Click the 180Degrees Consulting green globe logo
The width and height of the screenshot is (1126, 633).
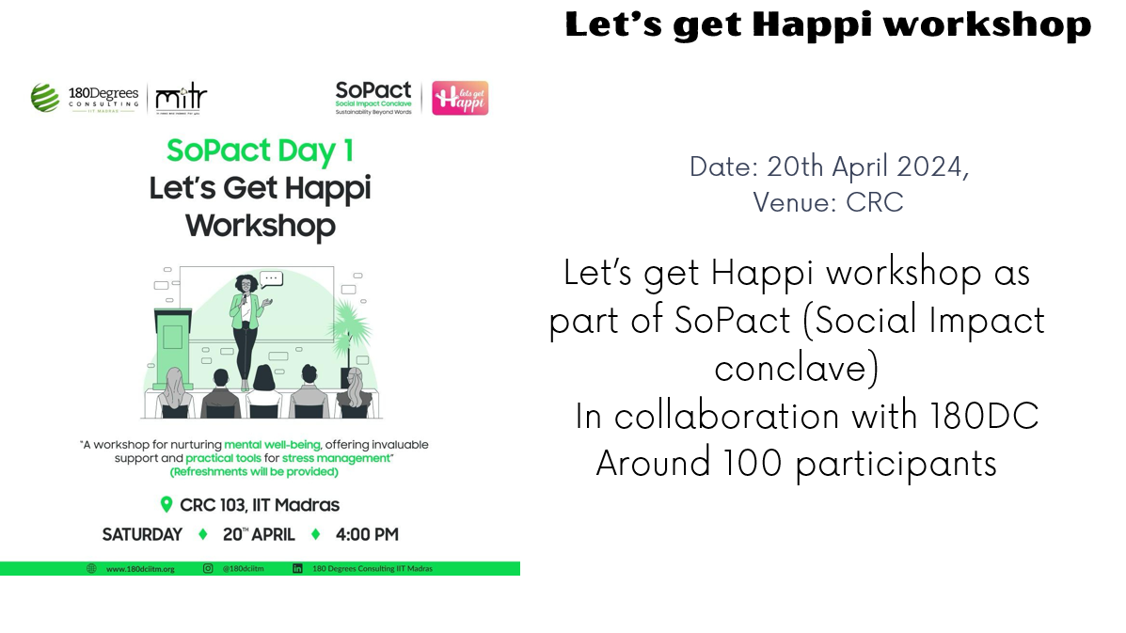click(44, 97)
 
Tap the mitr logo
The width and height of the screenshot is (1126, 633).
click(181, 97)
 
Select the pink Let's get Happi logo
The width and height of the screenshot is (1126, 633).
click(460, 98)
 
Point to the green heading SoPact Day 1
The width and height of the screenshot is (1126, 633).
click(260, 150)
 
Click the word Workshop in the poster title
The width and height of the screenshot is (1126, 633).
click(260, 226)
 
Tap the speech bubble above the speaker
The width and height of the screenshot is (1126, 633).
click(272, 278)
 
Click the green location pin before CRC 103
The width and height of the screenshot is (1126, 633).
click(167, 505)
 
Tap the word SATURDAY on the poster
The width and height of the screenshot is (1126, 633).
click(142, 534)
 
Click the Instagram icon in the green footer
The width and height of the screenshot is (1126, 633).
click(208, 568)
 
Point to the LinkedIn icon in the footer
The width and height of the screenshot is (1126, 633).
click(297, 568)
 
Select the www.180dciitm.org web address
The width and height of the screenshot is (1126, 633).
click(140, 569)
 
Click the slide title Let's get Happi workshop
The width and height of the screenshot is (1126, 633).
click(828, 24)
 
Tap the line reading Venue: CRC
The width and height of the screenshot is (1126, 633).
click(828, 201)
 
